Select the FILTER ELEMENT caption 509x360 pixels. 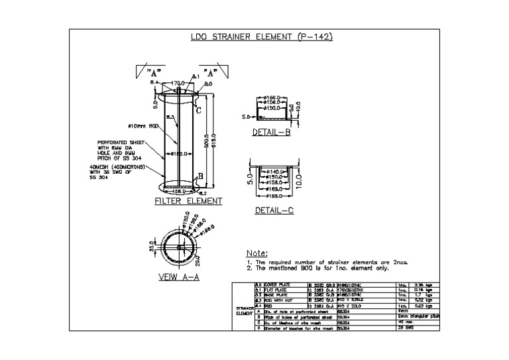point(188,201)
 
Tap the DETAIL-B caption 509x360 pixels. point(272,132)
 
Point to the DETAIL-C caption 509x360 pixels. point(274,210)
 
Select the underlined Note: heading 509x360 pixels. point(256,253)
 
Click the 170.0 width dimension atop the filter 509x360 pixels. point(178,84)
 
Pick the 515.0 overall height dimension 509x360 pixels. point(214,143)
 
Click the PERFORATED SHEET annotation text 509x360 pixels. point(115,142)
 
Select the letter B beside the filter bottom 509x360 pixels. point(201,176)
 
